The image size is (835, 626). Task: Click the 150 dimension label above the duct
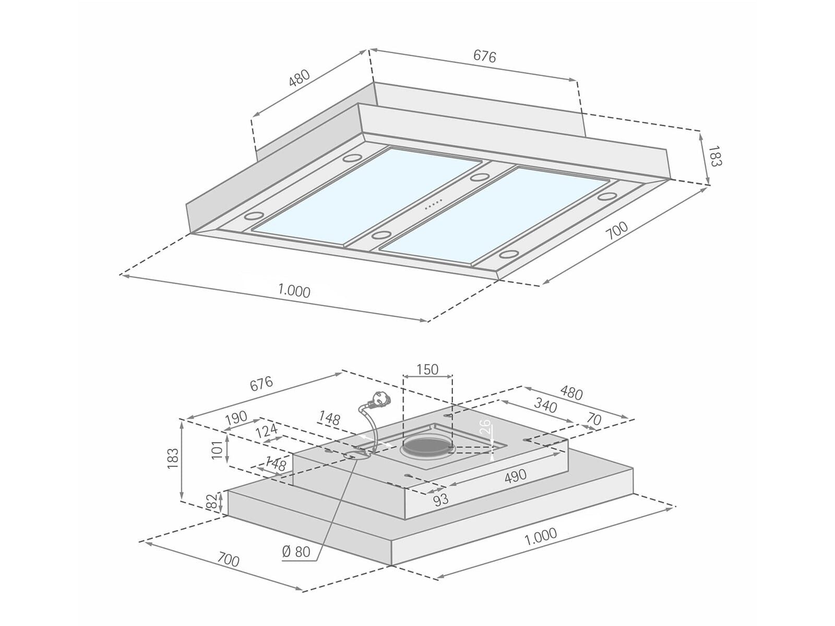427,369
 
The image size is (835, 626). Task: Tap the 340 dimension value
545,405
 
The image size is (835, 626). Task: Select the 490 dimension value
516,476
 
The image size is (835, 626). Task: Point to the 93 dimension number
441,500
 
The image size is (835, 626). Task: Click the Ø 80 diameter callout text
296,551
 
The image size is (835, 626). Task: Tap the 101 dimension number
217,450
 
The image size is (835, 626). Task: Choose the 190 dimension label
236,418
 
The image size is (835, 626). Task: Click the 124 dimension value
266,431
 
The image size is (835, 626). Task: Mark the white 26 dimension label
485,427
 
